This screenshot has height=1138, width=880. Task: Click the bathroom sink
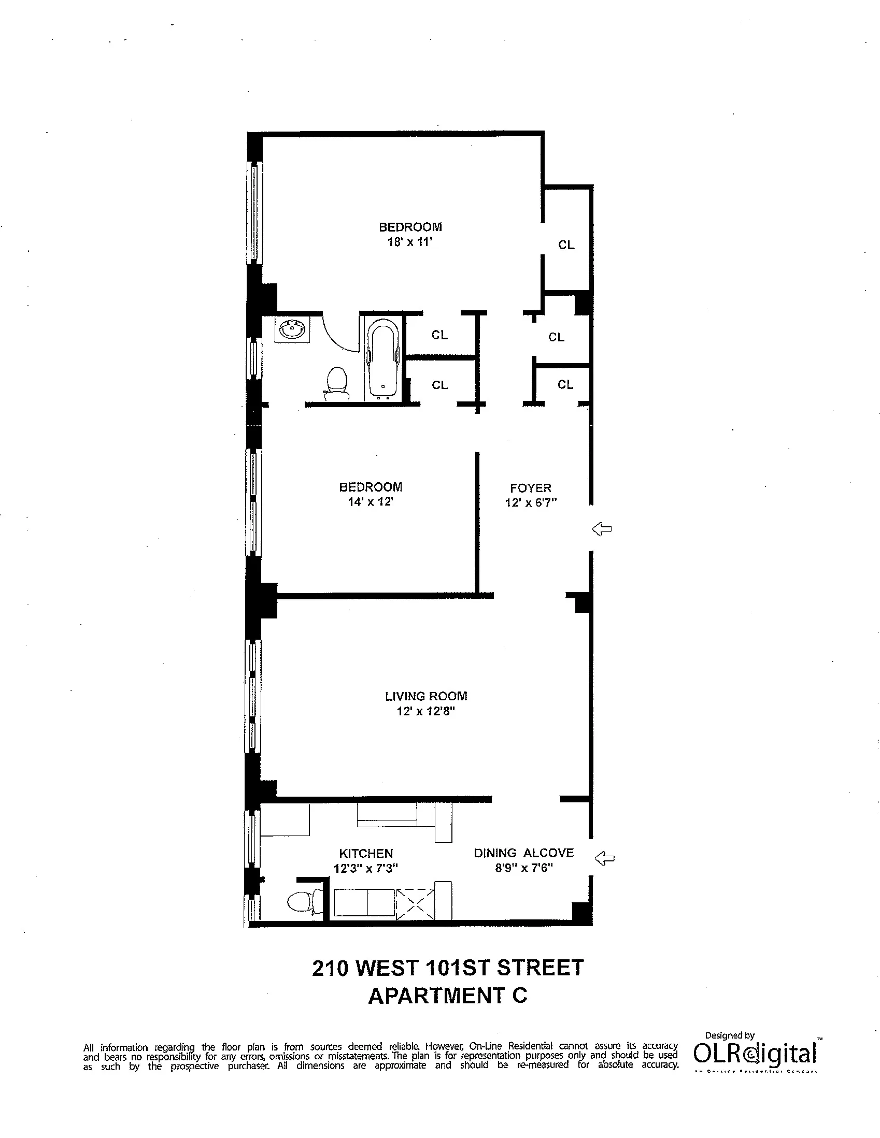pyautogui.click(x=292, y=329)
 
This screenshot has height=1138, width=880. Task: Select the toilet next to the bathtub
pyautogui.click(x=336, y=383)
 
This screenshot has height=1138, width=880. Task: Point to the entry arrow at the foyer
pyautogui.click(x=602, y=529)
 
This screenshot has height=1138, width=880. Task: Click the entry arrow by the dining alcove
pyautogui.click(x=605, y=858)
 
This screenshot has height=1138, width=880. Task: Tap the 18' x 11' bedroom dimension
pyautogui.click(x=410, y=242)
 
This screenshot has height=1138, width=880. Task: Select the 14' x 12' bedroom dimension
pyautogui.click(x=370, y=502)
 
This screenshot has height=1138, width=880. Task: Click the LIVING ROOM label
pyautogui.click(x=426, y=696)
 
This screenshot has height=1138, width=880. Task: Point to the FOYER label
pyautogui.click(x=530, y=488)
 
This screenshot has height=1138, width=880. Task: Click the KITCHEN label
pyautogui.click(x=366, y=854)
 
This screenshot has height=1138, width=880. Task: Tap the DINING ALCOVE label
pyautogui.click(x=523, y=853)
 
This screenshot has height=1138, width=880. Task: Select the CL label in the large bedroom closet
pyautogui.click(x=566, y=245)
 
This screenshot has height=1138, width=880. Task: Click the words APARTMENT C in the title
pyautogui.click(x=447, y=996)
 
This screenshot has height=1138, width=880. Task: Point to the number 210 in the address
pyautogui.click(x=330, y=968)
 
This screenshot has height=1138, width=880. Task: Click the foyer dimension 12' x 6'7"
pyautogui.click(x=531, y=503)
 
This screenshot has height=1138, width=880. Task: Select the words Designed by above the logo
pyautogui.click(x=729, y=1035)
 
